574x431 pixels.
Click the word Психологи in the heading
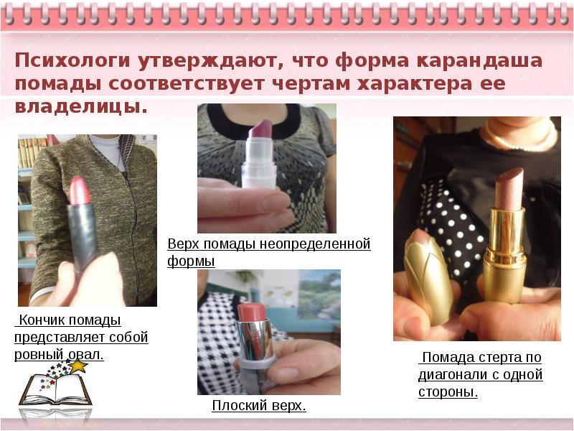click(72, 61)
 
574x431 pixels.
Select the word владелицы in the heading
click(81, 106)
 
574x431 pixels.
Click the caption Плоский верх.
click(259, 406)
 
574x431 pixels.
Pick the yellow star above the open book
click(79, 366)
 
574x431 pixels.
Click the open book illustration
click(55, 389)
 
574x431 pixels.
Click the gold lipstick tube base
click(504, 255)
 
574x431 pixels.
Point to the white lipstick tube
click(259, 164)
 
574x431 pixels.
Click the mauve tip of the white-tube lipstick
click(260, 129)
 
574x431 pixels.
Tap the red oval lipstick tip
click(80, 190)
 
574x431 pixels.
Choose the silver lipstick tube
click(255, 352)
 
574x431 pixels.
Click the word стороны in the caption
click(448, 392)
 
